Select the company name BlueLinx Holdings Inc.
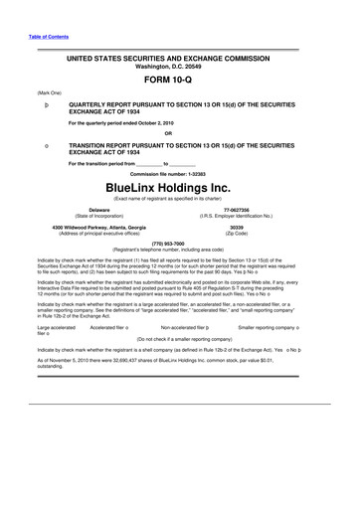[180, 186]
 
